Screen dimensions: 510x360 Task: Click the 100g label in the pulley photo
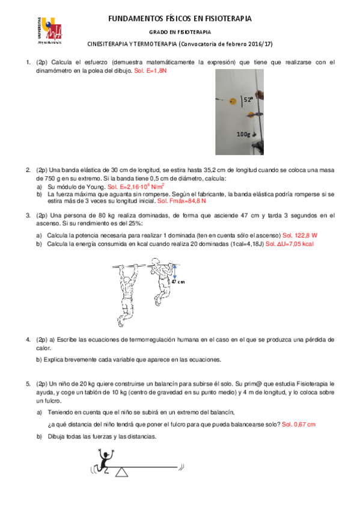[244, 134]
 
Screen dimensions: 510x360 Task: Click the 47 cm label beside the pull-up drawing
[178, 281]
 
